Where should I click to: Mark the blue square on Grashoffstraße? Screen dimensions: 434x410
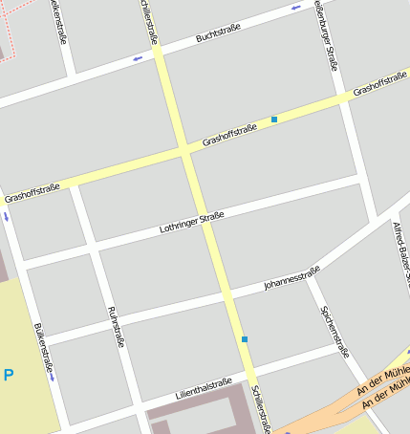tap(274, 119)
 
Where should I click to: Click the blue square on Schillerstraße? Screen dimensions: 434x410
tap(245, 339)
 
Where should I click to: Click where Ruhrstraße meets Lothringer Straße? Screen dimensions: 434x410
tap(95, 250)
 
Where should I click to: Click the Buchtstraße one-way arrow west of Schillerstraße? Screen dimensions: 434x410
tap(138, 59)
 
